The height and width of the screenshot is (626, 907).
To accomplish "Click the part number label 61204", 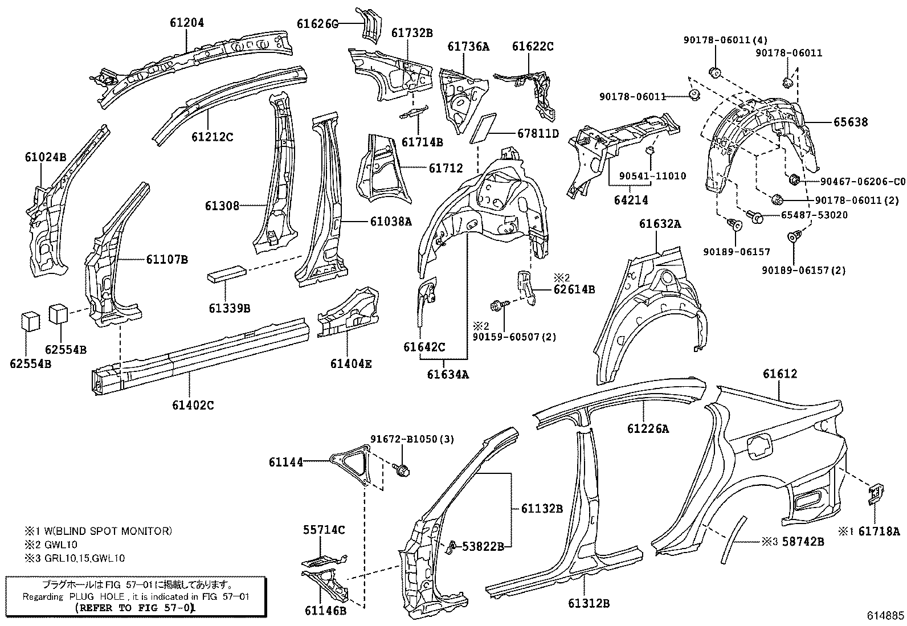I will [x=186, y=23].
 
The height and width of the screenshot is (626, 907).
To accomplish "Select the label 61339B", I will [x=229, y=308].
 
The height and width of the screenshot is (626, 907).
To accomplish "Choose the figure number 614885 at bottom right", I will [x=885, y=616].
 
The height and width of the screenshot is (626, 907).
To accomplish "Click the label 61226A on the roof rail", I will [x=648, y=429].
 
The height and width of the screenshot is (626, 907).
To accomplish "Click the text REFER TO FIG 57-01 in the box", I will [x=136, y=608].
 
